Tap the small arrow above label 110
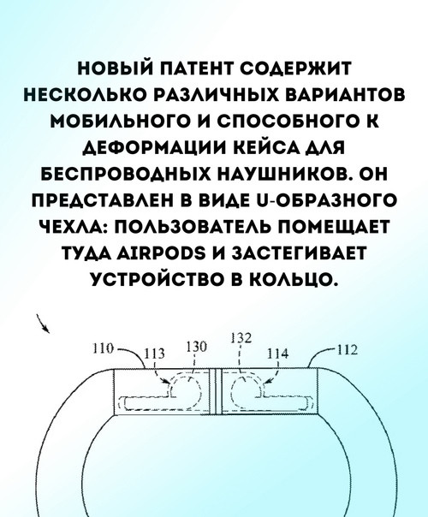pyautogui.click(x=43, y=324)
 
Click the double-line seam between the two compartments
pyautogui.click(x=216, y=391)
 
